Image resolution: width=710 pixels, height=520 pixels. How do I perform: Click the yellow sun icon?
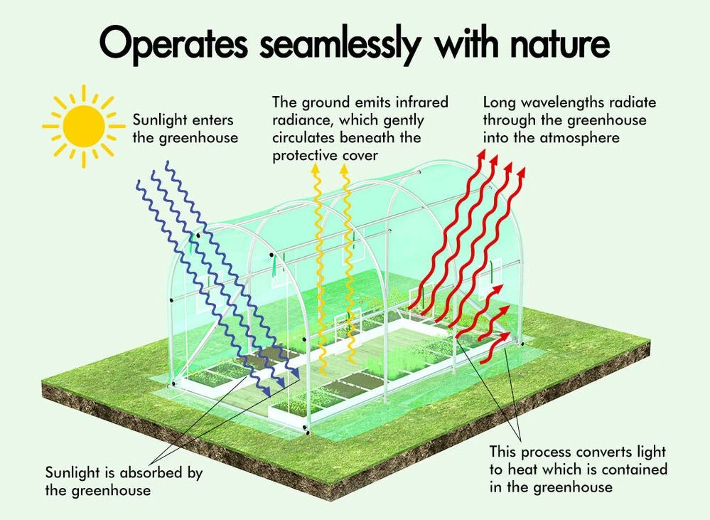[x=84, y=126]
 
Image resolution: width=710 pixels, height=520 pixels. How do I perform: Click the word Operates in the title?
[x=173, y=44]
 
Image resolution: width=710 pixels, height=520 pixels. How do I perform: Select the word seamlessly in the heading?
[x=340, y=44]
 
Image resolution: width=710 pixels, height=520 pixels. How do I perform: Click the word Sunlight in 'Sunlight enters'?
[x=160, y=120]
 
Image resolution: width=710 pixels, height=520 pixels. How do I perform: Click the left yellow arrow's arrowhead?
[x=315, y=169]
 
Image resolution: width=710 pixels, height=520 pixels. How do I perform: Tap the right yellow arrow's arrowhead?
[x=345, y=169]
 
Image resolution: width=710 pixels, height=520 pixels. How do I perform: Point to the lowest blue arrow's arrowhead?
[x=267, y=391]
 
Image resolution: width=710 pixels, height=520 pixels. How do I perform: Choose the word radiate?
[x=632, y=102]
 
